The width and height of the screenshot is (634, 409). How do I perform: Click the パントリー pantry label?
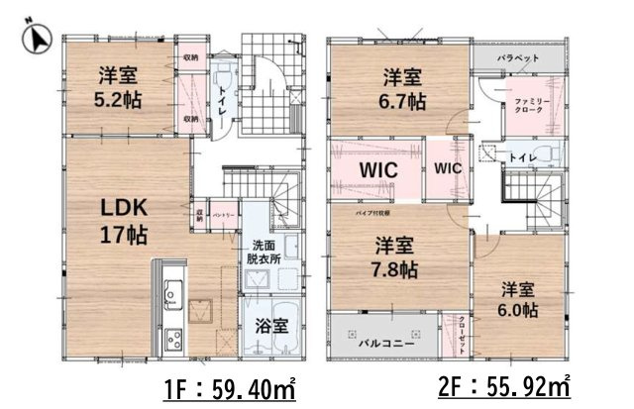tap(223, 213)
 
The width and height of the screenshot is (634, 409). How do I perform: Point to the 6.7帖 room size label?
tap(405, 100)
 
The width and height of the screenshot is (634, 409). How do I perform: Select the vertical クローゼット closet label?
tap(463, 332)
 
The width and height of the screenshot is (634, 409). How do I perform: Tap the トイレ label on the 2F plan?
tap(524, 157)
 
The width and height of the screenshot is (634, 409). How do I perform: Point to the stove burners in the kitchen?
tap(172, 339)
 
